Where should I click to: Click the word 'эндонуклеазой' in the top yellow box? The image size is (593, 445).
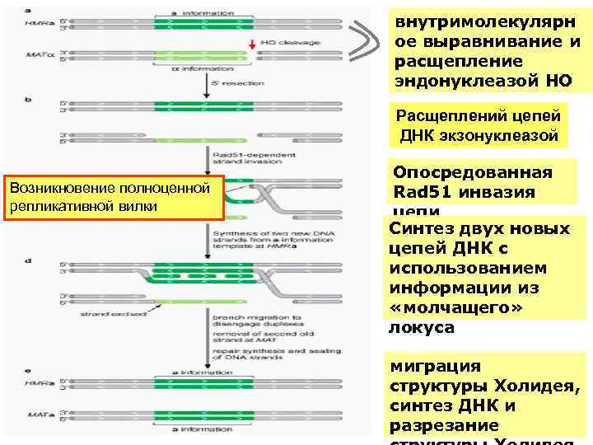(460, 80)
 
